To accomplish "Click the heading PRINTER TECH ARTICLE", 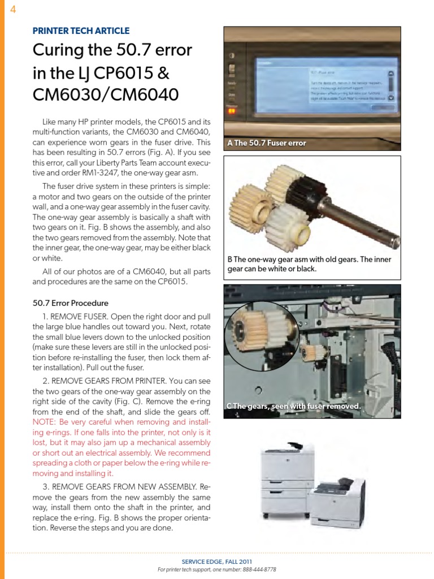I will click(x=81, y=31).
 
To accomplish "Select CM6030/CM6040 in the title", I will click(x=106, y=93).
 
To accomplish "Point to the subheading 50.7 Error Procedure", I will click(x=71, y=303).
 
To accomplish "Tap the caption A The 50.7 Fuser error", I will click(x=266, y=143).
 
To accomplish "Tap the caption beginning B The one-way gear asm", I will click(x=309, y=264).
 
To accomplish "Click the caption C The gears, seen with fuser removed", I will click(x=293, y=406).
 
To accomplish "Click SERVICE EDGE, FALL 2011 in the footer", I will click(x=217, y=561).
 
